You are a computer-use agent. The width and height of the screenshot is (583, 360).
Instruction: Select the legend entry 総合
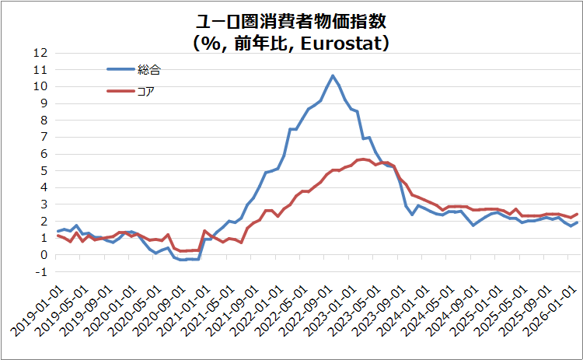tap(149, 69)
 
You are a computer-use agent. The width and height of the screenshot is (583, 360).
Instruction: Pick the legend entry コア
tap(146, 92)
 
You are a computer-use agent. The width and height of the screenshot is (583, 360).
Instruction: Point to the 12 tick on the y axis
tap(40, 53)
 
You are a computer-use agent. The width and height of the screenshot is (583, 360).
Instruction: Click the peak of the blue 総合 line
tap(333, 75)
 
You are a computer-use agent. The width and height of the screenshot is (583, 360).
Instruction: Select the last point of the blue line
tap(576, 222)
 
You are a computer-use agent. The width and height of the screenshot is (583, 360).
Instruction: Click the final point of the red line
tap(576, 214)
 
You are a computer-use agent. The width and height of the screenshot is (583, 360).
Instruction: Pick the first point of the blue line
tap(58, 231)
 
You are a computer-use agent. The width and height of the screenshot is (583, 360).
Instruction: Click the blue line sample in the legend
tap(120, 69)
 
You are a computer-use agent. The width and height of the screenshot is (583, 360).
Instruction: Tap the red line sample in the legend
tap(120, 92)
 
